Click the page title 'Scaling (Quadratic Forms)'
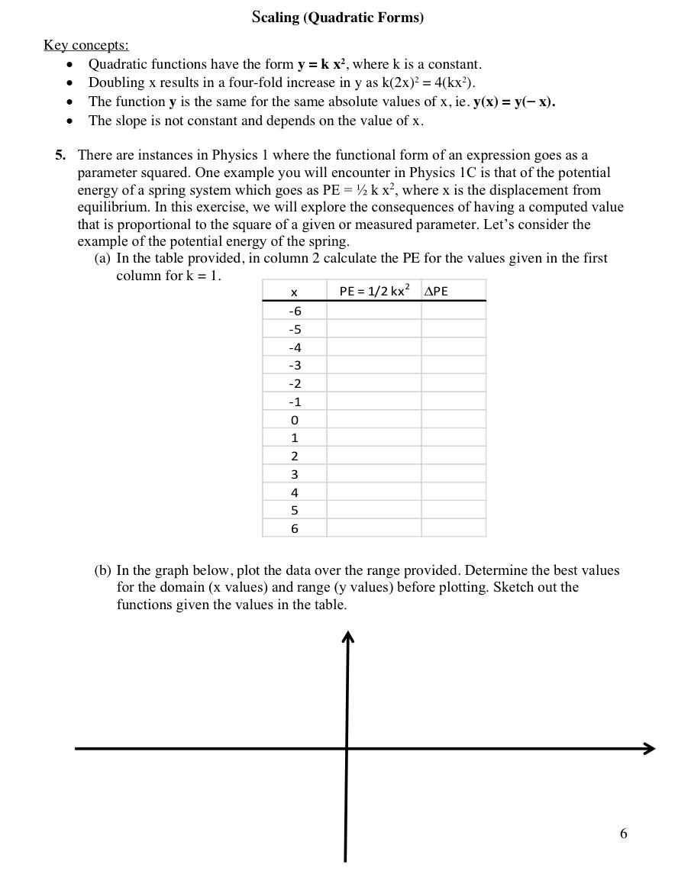[337, 17]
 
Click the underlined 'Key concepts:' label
[86, 45]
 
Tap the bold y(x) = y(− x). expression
[514, 102]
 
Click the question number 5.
[60, 155]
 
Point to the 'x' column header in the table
[294, 292]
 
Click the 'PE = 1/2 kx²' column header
[374, 291]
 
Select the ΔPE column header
[436, 291]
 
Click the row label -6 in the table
[295, 311]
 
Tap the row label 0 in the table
[295, 420]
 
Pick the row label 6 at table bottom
[295, 528]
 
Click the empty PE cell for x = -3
[374, 365]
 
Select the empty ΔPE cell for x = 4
[454, 492]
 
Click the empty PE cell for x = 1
[374, 437]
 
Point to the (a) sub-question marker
[102, 258]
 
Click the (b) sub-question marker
[102, 570]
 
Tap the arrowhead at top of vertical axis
[348, 636]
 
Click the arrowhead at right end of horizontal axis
[650, 748]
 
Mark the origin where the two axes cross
[347, 748]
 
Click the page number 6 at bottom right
[623, 834]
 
